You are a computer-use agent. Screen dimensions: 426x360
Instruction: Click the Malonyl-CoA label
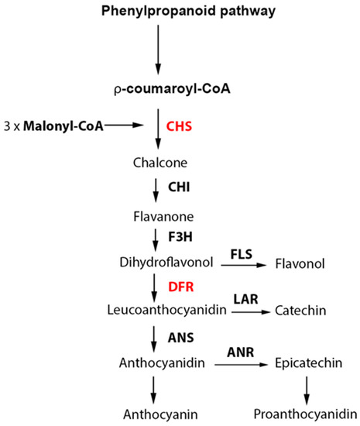pyautogui.click(x=59, y=123)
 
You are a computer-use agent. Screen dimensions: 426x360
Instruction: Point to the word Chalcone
pyautogui.click(x=158, y=163)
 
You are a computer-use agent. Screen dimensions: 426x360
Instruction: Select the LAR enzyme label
pyautogui.click(x=242, y=298)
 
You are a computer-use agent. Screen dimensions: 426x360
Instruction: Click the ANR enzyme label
pyautogui.click(x=242, y=350)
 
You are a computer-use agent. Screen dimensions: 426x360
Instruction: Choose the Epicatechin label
pyautogui.click(x=305, y=362)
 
